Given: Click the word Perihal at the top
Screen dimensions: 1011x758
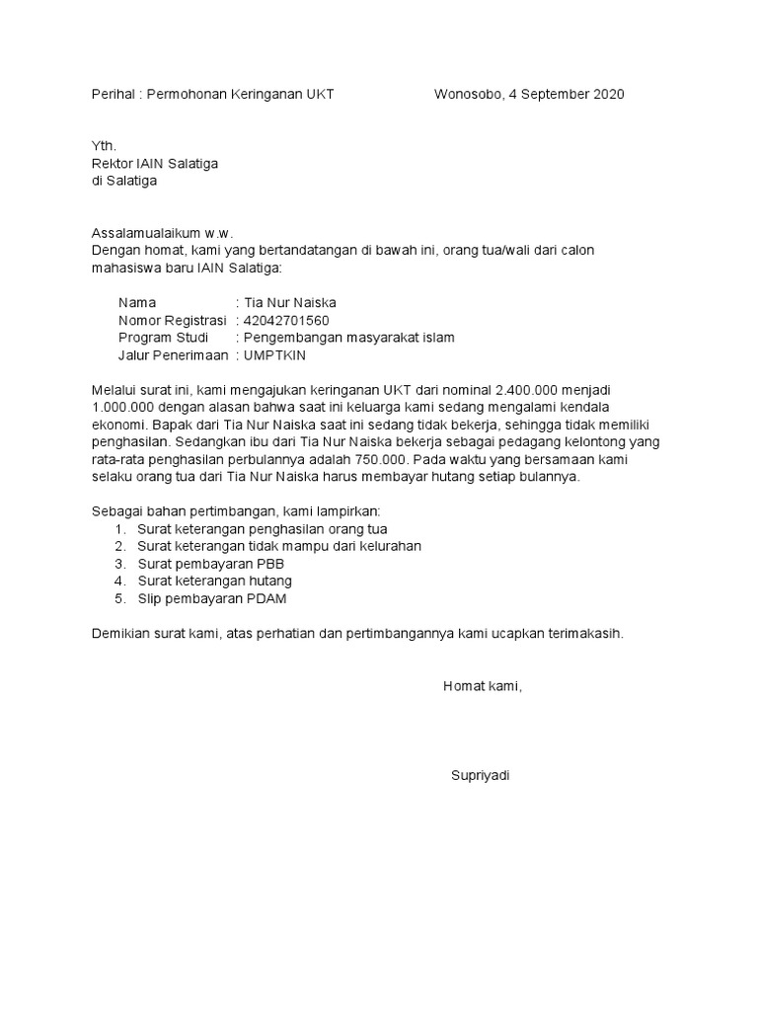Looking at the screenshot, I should click(x=113, y=94).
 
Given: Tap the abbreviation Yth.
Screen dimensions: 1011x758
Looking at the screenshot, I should click(x=104, y=146).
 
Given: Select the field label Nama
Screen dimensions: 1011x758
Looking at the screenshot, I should click(x=137, y=303).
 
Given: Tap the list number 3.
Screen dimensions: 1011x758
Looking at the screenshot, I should click(x=118, y=563).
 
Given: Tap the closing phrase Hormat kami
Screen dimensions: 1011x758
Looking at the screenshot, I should click(x=482, y=686).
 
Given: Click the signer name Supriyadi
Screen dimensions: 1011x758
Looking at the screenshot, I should click(x=481, y=775).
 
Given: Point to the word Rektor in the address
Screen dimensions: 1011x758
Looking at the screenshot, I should click(x=112, y=164).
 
